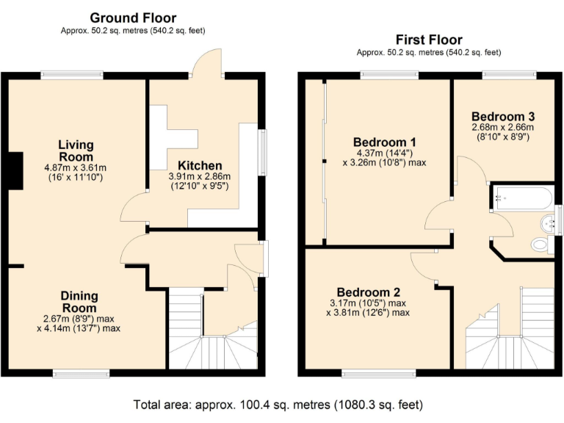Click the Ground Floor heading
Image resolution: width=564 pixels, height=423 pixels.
click(x=133, y=18)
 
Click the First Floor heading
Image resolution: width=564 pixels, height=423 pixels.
click(x=429, y=39)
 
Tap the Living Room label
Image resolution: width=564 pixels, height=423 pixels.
click(x=76, y=151)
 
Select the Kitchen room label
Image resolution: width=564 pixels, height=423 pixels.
click(x=200, y=165)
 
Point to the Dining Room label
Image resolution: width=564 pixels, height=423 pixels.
click(x=79, y=302)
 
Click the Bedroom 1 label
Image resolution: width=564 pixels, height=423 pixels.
click(x=385, y=142)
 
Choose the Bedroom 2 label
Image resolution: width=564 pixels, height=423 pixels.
click(x=369, y=292)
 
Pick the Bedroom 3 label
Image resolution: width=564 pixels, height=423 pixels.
click(x=503, y=116)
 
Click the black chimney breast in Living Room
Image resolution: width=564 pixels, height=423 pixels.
click(x=16, y=170)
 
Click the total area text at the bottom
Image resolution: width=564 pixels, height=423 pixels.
click(x=278, y=405)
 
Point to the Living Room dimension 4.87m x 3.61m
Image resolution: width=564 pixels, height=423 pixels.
click(x=75, y=167)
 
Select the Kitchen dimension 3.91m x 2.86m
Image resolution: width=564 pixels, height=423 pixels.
click(x=200, y=176)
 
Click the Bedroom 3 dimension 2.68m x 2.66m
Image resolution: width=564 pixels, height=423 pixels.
click(x=503, y=127)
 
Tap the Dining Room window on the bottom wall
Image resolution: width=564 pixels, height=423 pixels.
click(x=81, y=373)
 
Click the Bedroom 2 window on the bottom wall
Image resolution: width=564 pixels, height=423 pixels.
click(x=379, y=373)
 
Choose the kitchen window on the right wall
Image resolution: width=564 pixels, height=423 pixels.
click(x=263, y=153)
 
